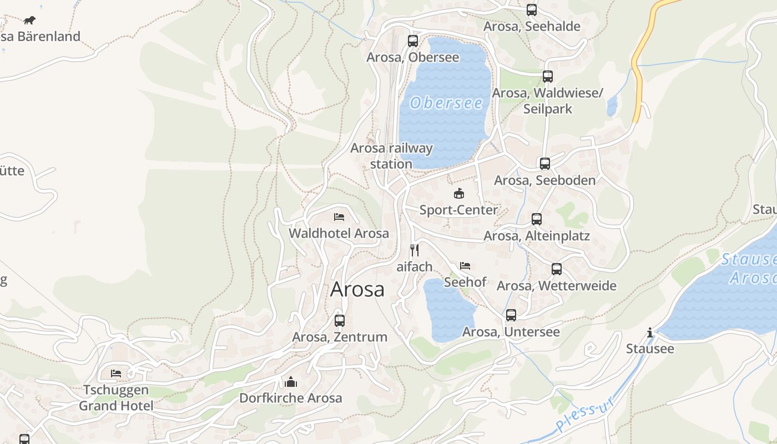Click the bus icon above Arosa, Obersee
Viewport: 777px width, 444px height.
(412, 41)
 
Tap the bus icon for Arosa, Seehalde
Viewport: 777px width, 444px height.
(531, 9)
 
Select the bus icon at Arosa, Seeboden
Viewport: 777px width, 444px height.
(544, 163)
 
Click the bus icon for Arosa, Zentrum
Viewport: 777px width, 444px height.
(339, 320)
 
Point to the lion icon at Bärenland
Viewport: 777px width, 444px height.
(29, 21)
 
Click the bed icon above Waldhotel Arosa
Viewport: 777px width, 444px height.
(339, 216)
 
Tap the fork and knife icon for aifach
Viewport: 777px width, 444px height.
(414, 250)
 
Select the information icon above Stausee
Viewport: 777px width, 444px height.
(649, 332)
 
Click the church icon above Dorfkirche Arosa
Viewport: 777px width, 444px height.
(290, 382)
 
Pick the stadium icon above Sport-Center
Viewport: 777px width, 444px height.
(458, 193)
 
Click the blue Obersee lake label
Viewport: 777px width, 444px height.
(446, 103)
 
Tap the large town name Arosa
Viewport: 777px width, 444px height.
(357, 289)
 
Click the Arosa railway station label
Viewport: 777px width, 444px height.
(391, 156)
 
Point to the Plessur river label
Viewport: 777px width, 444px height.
(586, 413)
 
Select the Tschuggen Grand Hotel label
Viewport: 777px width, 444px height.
(116, 397)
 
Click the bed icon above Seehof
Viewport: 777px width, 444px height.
(465, 265)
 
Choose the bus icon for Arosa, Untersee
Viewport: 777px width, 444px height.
(511, 315)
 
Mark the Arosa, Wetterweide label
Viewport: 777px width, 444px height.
(556, 286)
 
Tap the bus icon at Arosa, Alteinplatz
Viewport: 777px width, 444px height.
(536, 219)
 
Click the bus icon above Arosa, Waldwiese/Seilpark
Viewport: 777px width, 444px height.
(547, 77)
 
